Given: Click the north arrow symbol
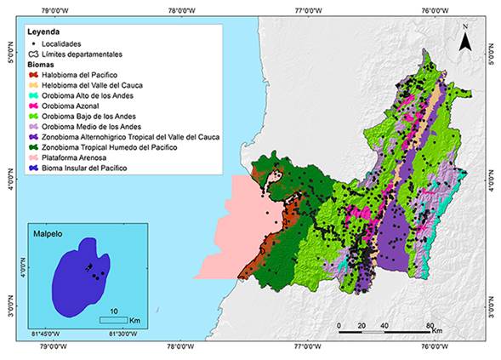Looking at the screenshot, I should click(x=464, y=40).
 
